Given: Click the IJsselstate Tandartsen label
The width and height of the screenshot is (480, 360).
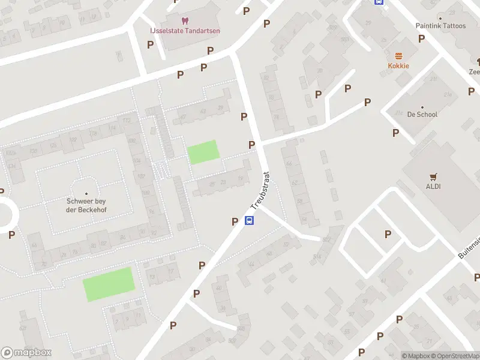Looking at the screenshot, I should (184, 31).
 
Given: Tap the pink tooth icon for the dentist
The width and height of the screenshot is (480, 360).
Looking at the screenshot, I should (184, 21).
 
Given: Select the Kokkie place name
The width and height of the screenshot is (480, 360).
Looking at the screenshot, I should (398, 65).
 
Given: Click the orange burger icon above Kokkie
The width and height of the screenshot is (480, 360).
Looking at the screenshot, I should (398, 55).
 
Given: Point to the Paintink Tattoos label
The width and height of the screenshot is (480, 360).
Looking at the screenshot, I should (440, 26).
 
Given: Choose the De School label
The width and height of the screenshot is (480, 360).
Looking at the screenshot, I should (422, 114).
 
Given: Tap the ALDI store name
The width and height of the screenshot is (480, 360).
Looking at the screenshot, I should (433, 186).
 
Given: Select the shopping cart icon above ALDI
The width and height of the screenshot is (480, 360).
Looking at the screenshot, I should (433, 176).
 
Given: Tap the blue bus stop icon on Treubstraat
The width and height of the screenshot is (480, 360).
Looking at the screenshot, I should (250, 220).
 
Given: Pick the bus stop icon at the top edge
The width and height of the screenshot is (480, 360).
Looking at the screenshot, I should (379, 2).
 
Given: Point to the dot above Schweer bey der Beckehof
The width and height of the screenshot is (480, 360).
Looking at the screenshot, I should (86, 193).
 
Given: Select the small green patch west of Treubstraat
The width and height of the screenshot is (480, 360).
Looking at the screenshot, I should (203, 152).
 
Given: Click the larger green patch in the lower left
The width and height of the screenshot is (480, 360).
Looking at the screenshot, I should (108, 284).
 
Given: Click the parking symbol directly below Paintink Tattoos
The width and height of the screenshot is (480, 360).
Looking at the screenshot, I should (421, 38).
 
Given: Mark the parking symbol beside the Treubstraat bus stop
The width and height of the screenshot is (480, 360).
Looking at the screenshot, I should (235, 221).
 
